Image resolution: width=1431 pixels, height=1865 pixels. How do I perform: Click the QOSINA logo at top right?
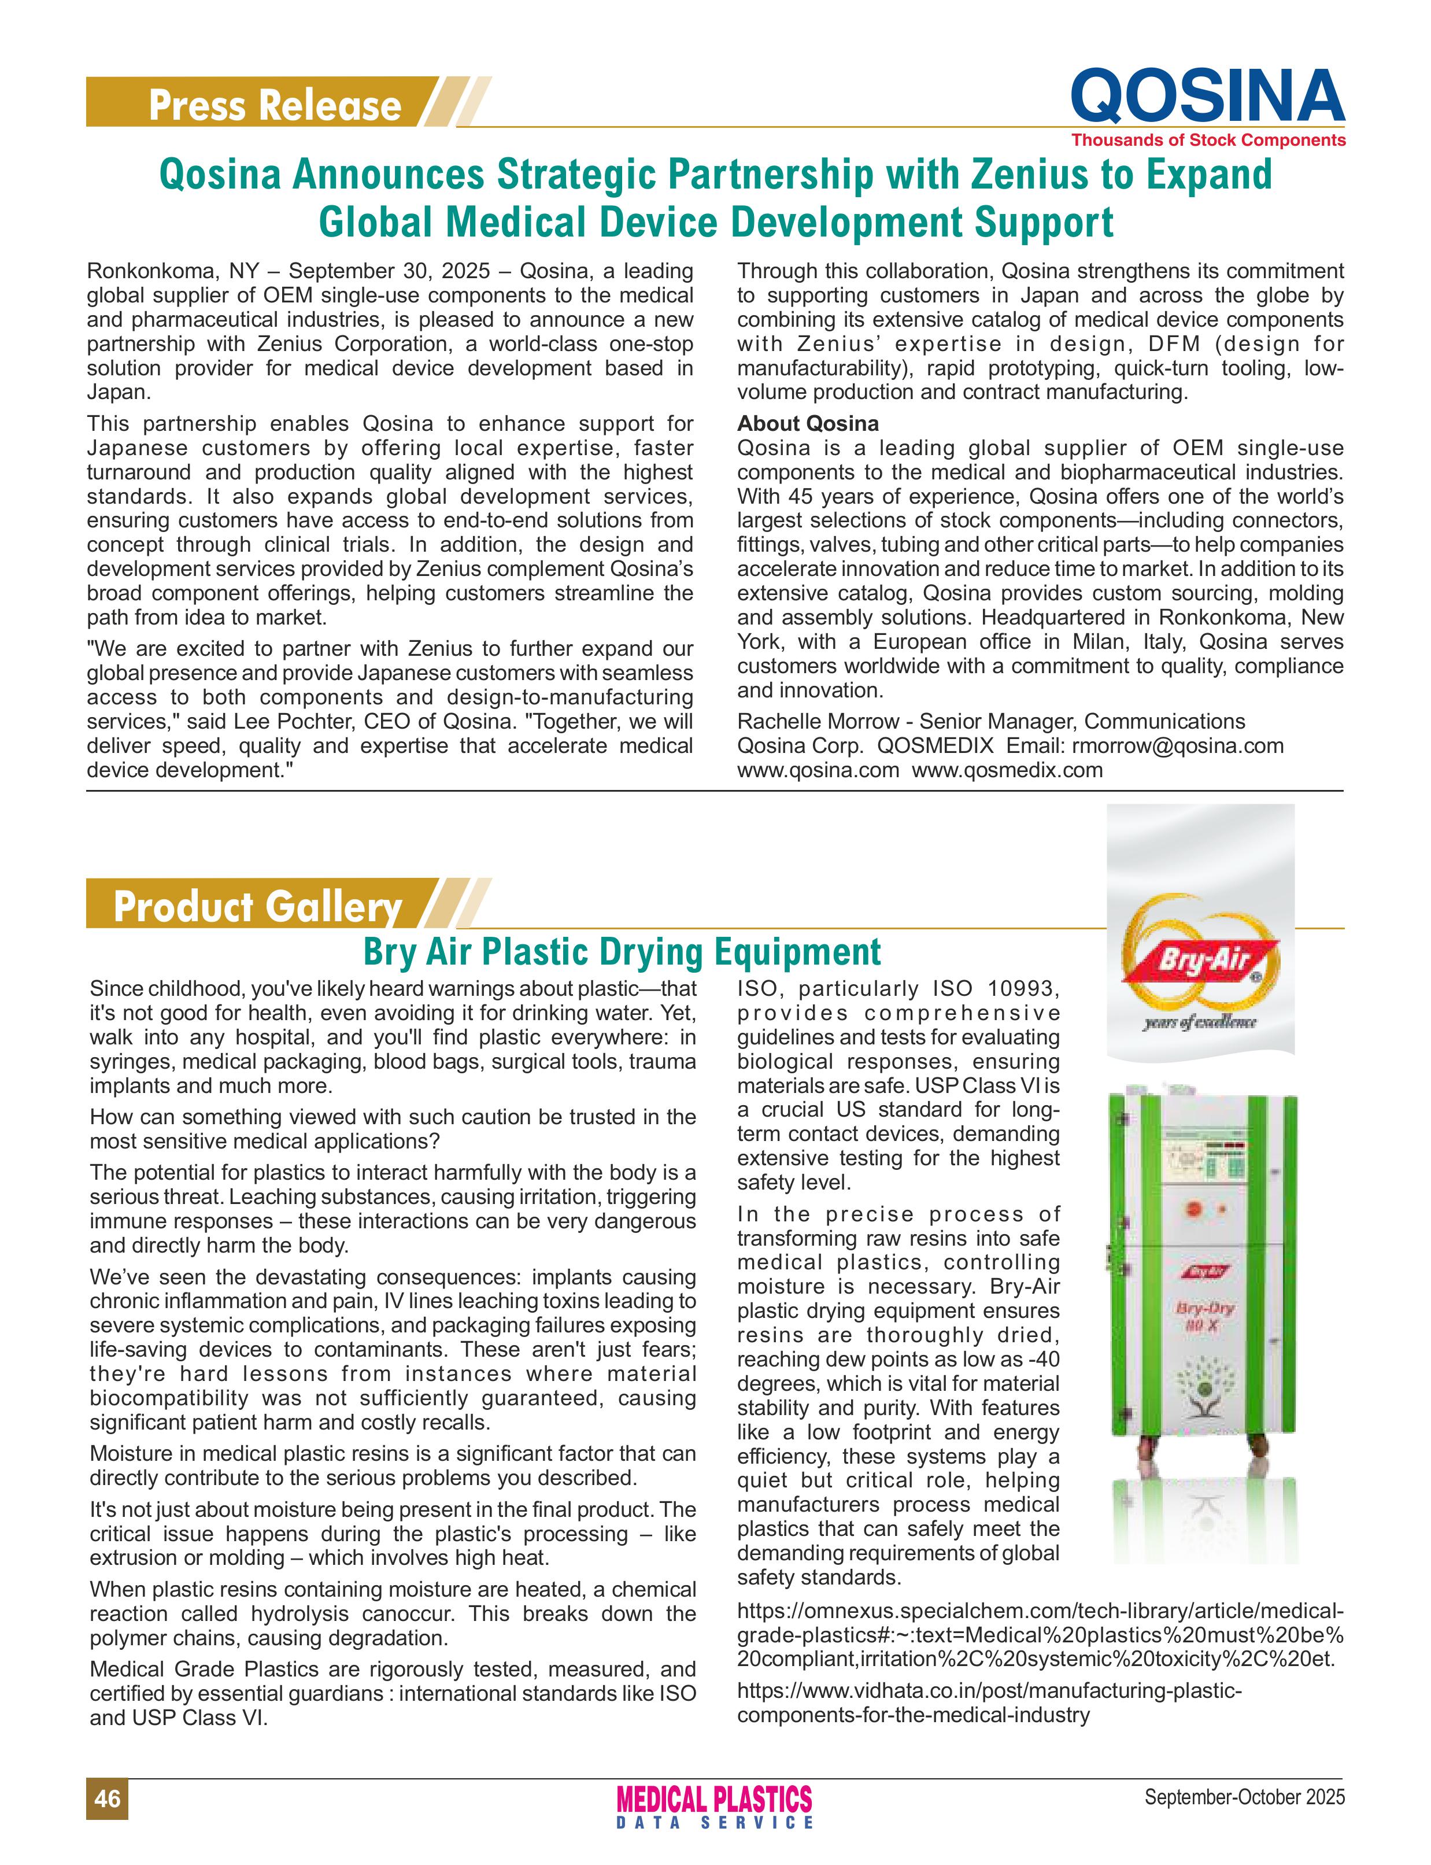1207,95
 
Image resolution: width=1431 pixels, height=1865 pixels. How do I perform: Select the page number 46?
108,1798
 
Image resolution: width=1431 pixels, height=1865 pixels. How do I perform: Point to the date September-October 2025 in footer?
1244,1797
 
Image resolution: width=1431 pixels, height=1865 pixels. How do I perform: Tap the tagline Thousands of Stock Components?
1208,140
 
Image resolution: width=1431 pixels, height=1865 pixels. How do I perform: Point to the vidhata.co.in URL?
988,1690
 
